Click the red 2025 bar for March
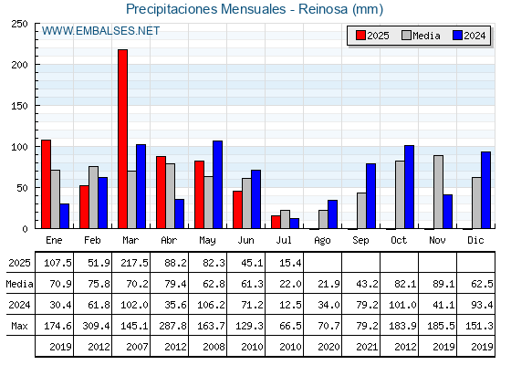123,139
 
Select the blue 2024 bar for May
218,184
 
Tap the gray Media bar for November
438,192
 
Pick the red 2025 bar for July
276,222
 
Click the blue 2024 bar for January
65,216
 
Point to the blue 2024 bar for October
410,187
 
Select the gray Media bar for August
323,219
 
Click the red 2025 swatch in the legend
360,36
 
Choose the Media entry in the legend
421,36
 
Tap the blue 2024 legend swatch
457,36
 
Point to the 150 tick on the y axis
36,105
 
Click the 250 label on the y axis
19,24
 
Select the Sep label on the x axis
360,241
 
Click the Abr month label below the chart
169,240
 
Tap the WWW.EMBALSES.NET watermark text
100,31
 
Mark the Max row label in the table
19,326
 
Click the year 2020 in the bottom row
328,347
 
